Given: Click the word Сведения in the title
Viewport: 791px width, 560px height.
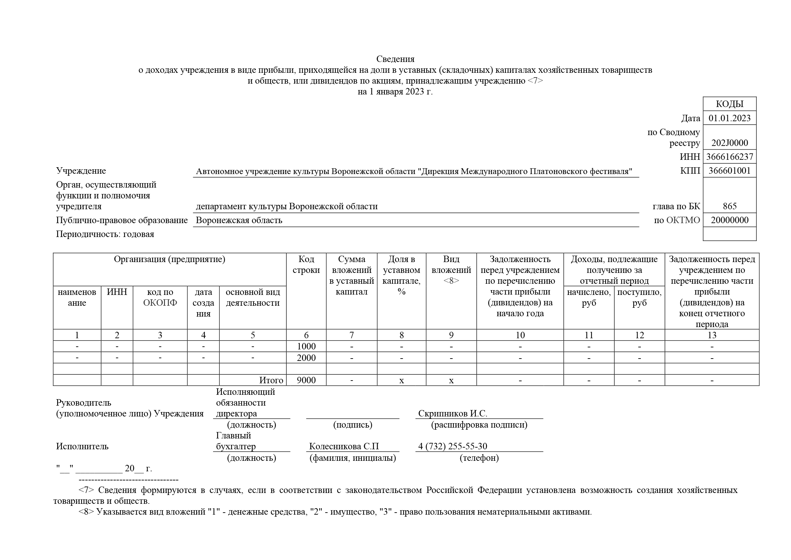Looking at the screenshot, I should (395, 59).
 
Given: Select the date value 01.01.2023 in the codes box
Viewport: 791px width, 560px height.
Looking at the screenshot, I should (729, 118).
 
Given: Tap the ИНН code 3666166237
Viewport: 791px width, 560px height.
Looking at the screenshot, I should (729, 157).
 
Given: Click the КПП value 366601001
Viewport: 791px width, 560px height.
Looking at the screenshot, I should (729, 171).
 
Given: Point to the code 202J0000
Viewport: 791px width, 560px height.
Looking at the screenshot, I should (729, 143).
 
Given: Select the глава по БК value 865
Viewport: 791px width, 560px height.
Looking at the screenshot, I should (729, 206).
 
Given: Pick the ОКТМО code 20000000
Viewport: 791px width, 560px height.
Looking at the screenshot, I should (729, 220).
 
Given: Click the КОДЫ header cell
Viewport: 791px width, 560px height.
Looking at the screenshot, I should (729, 104).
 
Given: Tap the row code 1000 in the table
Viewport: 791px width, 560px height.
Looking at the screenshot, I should (306, 346).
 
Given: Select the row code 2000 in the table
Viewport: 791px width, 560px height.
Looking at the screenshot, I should (306, 358).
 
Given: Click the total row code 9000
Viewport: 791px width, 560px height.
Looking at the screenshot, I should (306, 380).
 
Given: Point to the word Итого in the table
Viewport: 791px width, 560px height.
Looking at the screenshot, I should (271, 380).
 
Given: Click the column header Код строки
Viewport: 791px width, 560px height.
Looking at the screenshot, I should (306, 264).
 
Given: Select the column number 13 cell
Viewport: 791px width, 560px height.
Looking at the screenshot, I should (712, 335).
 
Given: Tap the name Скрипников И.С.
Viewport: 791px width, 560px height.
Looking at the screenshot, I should (452, 413).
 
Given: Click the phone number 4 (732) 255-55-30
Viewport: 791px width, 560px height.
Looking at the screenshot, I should (452, 446).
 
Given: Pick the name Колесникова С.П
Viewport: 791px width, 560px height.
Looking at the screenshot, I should (344, 446).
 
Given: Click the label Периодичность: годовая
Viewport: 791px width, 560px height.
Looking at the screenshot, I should (105, 234).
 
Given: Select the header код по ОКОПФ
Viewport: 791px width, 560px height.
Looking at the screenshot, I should (160, 297).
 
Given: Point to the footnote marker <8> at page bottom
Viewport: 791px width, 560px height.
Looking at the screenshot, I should (86, 512).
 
